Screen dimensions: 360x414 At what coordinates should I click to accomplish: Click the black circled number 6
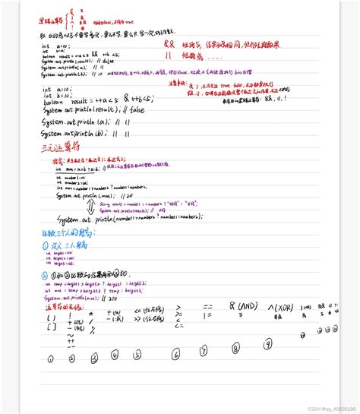[x=176, y=353]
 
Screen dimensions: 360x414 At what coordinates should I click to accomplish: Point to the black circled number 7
[x=203, y=351]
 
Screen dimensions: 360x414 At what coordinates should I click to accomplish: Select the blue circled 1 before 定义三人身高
[x=45, y=246]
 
